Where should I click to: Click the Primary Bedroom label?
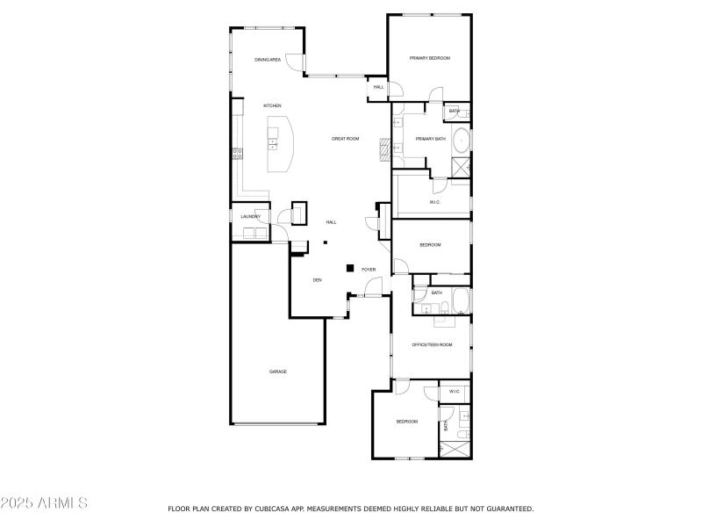[x=430, y=58]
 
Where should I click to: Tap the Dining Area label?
[x=268, y=60]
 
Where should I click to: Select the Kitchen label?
[x=272, y=106]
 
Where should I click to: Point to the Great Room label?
[x=346, y=139]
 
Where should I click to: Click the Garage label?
[x=277, y=372]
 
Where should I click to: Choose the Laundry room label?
[x=250, y=216]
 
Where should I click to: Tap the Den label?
[x=318, y=280]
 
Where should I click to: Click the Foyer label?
[x=369, y=270]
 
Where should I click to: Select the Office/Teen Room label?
[x=433, y=345]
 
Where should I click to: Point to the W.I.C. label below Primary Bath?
[x=434, y=203]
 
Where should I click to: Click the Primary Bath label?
[x=430, y=139]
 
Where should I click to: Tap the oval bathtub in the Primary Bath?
[x=462, y=141]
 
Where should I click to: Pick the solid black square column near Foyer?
[x=349, y=268]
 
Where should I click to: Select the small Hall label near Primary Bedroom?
[x=379, y=87]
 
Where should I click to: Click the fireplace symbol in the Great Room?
[x=383, y=148]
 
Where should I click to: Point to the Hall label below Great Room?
[x=332, y=222]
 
